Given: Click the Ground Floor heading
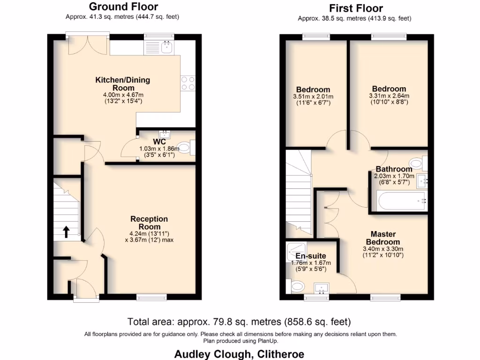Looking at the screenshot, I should tap(123, 7).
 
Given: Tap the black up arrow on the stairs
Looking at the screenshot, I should tap(66, 232).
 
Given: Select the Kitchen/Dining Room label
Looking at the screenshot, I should tap(123, 83).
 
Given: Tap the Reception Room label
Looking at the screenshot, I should tap(149, 223).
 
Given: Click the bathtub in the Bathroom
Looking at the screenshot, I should tap(401, 201).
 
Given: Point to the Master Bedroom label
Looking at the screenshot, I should tap(383, 238).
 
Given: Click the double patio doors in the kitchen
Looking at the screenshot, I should tap(88, 44).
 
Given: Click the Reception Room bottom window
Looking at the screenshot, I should tap(151, 296).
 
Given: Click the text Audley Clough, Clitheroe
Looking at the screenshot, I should tap(239, 354).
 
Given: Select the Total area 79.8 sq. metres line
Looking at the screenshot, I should tap(239, 322).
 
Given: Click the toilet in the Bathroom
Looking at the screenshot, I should tap(424, 163).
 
